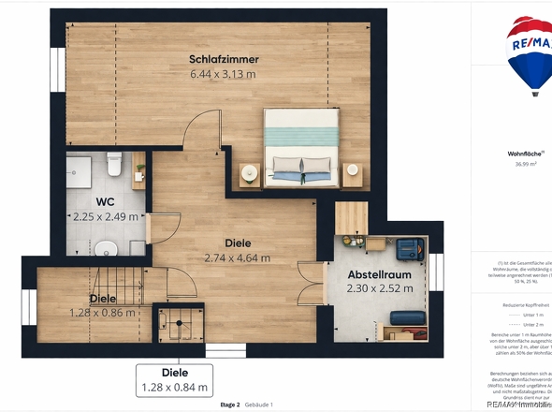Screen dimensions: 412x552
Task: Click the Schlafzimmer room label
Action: click(224, 59)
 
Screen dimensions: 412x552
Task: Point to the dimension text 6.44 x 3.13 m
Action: click(224, 73)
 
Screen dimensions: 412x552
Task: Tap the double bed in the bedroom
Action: click(299, 144)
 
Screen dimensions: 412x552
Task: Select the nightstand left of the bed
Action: click(250, 172)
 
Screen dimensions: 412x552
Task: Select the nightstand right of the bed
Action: click(351, 172)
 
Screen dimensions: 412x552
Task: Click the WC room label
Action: click(105, 201)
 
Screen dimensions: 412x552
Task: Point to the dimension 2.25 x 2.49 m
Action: click(105, 215)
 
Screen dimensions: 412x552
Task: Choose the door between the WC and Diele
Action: click(151, 228)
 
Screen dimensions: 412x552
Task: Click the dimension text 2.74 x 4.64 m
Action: click(237, 257)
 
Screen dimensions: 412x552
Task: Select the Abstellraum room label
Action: click(379, 274)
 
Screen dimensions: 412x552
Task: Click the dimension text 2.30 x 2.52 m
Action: click(379, 288)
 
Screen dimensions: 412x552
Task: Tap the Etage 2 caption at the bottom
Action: click(231, 405)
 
